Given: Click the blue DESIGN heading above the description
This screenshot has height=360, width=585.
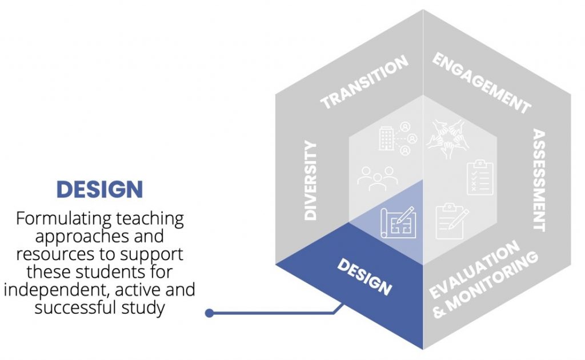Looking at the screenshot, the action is pos(99,189).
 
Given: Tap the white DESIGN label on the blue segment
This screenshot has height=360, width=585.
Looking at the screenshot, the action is pos(364,277).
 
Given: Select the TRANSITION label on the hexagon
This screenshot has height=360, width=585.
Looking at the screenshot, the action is pos(364,82).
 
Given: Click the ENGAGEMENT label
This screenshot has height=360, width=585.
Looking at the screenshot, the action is pos(482,83).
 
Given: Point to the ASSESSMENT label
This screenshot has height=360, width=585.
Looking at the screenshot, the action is pos(539,180).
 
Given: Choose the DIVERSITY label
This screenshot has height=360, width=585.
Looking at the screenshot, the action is pos(310,180).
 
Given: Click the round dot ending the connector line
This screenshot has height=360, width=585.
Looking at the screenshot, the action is pos(209,313).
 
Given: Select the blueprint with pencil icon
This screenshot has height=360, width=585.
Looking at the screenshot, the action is pos(398,223).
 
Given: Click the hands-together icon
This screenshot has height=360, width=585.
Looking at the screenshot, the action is pos(448,138).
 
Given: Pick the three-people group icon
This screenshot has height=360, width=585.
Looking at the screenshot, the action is pos(377,179).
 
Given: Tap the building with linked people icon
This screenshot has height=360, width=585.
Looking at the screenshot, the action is pos(398,139).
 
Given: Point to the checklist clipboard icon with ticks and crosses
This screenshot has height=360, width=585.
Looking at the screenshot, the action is pos(480,178).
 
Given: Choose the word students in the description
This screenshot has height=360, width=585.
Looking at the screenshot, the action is pos(110,272).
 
